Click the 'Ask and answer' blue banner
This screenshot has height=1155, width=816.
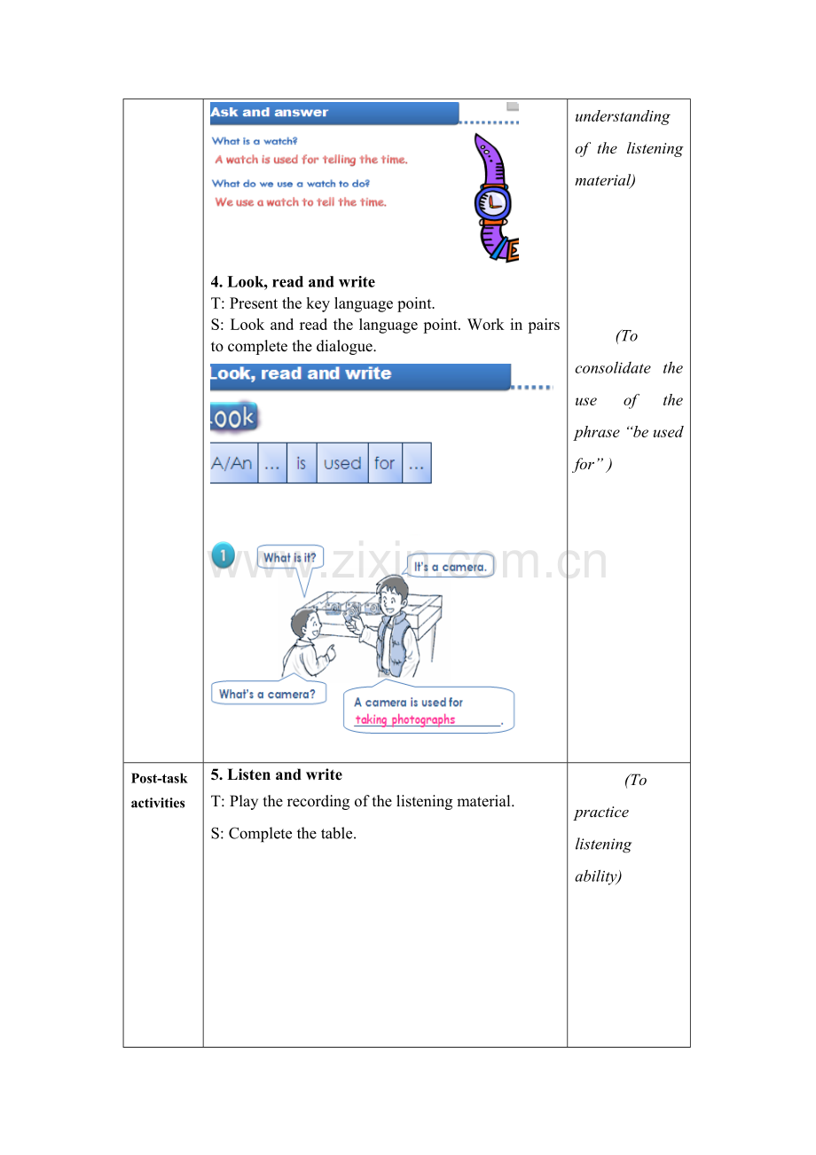[334, 113]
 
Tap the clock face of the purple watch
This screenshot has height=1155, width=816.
[492, 202]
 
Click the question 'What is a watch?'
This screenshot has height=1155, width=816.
[255, 141]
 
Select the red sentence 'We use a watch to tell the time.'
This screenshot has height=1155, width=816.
[301, 202]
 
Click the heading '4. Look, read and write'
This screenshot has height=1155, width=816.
[293, 281]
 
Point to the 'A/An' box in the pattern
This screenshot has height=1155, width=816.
[233, 462]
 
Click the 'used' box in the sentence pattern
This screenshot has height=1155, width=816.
[342, 462]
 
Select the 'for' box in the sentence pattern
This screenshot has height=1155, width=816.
[385, 462]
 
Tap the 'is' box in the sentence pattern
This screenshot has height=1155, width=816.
[302, 462]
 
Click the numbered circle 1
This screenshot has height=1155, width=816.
[223, 555]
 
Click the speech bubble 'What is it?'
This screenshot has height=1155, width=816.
[290, 557]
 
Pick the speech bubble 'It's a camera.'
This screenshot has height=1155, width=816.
[450, 566]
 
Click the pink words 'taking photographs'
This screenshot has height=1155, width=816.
[405, 719]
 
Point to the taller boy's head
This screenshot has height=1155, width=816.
[392, 594]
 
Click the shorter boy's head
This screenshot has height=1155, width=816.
[306, 623]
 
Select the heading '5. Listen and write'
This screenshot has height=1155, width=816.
[277, 774]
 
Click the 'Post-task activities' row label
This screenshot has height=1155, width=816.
[159, 790]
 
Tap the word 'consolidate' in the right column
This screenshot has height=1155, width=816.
[612, 367]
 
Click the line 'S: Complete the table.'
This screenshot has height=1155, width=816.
[284, 833]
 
